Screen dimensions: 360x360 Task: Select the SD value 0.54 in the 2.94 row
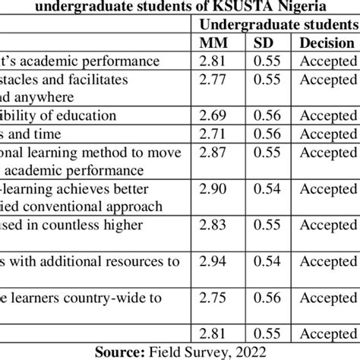[x=267, y=261]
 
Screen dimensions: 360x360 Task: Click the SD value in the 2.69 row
[x=267, y=115]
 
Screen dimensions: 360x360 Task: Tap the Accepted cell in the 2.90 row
[x=327, y=188]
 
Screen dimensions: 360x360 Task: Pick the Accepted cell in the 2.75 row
[x=327, y=298]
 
